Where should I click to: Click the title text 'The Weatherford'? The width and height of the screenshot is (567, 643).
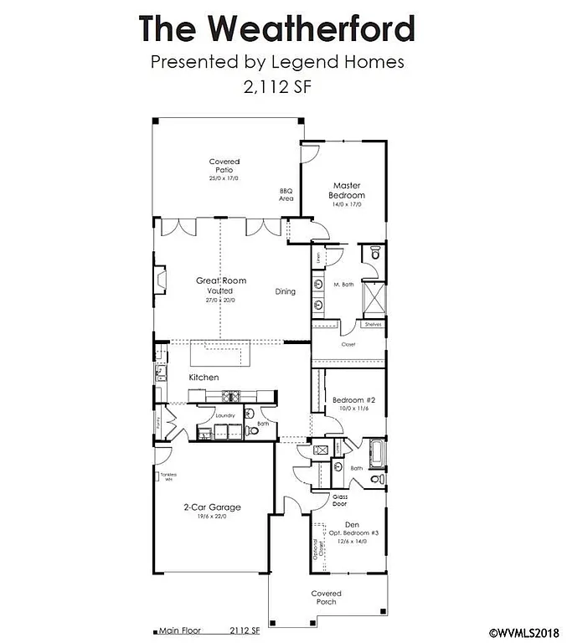click(276, 28)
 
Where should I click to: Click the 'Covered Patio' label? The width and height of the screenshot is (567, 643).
click(224, 166)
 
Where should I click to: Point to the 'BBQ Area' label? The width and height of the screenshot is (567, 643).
click(286, 195)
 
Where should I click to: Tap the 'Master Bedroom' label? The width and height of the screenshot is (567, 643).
click(347, 190)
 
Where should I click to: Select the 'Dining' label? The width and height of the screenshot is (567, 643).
click(286, 291)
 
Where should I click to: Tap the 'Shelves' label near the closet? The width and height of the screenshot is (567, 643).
click(372, 324)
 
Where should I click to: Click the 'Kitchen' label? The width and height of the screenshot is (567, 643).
click(204, 378)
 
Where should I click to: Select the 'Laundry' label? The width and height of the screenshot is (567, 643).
click(225, 415)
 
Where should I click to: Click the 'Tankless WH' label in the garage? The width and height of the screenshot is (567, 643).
click(168, 477)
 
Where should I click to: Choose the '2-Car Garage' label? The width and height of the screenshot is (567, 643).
click(213, 507)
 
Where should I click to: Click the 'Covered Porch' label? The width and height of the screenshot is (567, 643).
click(326, 598)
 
